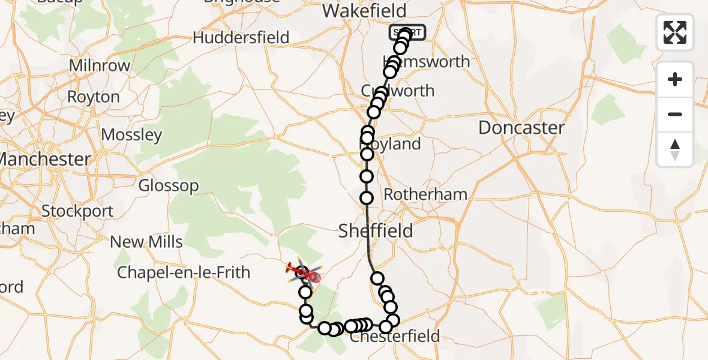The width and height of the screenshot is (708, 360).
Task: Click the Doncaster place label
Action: tap(521, 128)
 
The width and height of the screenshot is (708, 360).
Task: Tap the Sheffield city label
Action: tap(376, 230)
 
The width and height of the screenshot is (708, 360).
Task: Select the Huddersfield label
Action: tap(241, 38)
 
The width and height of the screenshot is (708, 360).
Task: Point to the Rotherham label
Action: tap(425, 194)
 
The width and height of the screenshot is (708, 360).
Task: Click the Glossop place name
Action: tap(168, 185)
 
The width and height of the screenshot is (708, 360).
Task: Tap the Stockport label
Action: tap(77, 211)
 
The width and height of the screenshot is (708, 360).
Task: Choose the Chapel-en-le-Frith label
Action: tap(184, 272)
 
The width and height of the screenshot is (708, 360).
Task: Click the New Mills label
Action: tap(146, 242)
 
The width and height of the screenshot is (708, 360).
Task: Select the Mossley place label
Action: tap(131, 134)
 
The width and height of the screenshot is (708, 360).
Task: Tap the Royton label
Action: tap(93, 97)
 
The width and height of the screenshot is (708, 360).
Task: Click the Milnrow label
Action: tap(100, 65)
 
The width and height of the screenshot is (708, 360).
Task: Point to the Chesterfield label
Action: tap(395, 336)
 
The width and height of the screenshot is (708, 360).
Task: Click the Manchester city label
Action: tap(45, 159)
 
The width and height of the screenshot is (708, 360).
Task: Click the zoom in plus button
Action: tap(675, 79)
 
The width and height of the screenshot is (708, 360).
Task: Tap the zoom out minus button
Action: tap(675, 114)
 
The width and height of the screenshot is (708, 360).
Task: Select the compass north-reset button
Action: tap(675, 149)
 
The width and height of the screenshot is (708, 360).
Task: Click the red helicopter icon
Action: tap(301, 273)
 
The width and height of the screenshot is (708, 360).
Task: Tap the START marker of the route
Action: tap(408, 32)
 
